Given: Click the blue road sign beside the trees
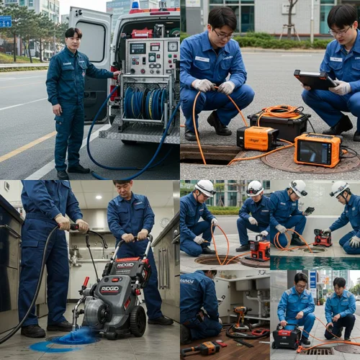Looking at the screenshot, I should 5,22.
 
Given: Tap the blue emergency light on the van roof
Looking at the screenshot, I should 135,4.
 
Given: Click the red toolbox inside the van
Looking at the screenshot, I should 141,33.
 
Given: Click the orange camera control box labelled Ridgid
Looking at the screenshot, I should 257,138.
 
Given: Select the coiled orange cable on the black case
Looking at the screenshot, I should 279,112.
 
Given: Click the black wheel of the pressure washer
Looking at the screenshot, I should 136,321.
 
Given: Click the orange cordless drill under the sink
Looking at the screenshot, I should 240,315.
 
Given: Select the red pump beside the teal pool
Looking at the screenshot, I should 322,238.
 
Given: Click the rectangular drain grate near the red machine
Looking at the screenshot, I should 315,351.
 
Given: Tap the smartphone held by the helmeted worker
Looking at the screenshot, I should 308,211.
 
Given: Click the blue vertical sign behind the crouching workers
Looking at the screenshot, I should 313,279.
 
